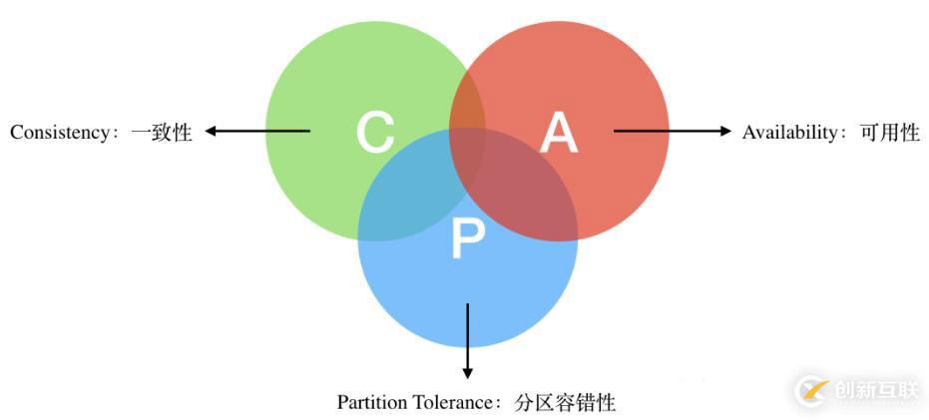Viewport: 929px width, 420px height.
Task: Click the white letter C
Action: (375, 134)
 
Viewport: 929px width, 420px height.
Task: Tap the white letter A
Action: (559, 134)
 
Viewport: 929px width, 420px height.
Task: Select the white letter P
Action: (468, 238)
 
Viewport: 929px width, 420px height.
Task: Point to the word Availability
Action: (789, 132)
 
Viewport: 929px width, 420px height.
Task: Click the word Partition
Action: (371, 402)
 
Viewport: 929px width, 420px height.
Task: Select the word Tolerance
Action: (451, 402)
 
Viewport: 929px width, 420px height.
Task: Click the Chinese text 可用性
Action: (889, 132)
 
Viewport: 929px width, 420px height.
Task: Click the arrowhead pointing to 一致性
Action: (211, 131)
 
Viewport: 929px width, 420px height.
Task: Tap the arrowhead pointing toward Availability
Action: (725, 131)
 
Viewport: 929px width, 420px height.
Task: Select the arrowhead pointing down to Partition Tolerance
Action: (467, 372)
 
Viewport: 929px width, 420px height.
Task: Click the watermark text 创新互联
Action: (876, 390)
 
